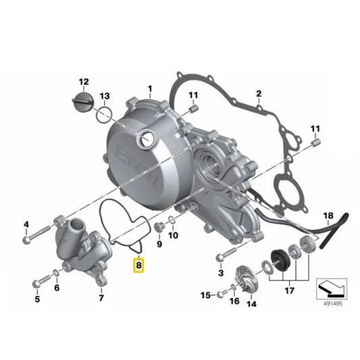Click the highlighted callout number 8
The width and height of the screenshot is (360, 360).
pyautogui.click(x=139, y=266)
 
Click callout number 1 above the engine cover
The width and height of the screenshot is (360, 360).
pyautogui.click(x=150, y=88)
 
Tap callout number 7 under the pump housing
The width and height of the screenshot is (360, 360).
pyautogui.click(x=101, y=297)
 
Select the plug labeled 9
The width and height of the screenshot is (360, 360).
pyautogui.click(x=159, y=225)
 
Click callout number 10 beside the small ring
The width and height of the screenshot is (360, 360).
pyautogui.click(x=172, y=236)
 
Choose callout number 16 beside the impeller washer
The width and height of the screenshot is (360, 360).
pyautogui.click(x=234, y=302)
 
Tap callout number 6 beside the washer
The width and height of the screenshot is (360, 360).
pyautogui.click(x=57, y=288)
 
